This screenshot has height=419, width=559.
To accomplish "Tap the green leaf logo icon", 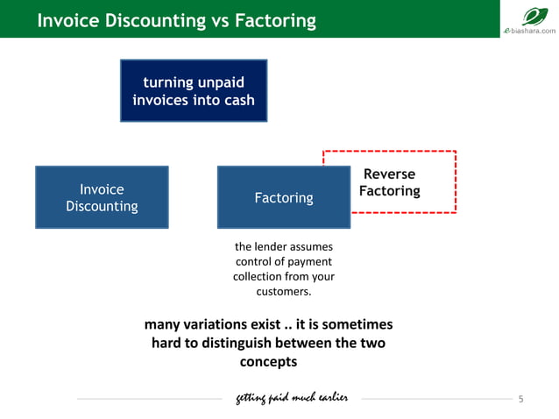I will click(x=534, y=16).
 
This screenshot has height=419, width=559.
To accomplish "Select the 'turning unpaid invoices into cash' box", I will click(x=193, y=91).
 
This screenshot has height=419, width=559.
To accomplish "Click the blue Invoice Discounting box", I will click(x=102, y=197).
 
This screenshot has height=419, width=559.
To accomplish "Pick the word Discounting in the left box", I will click(x=102, y=207).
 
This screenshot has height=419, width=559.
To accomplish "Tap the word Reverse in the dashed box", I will click(x=389, y=174).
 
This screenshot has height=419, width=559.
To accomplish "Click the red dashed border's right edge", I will click(x=456, y=181).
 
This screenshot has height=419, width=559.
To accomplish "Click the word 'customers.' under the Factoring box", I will click(x=283, y=291).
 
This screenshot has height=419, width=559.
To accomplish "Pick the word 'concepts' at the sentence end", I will click(x=268, y=361).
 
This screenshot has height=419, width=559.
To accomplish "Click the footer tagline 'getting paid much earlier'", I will click(x=292, y=399).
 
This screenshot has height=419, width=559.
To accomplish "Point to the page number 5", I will click(x=520, y=400).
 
